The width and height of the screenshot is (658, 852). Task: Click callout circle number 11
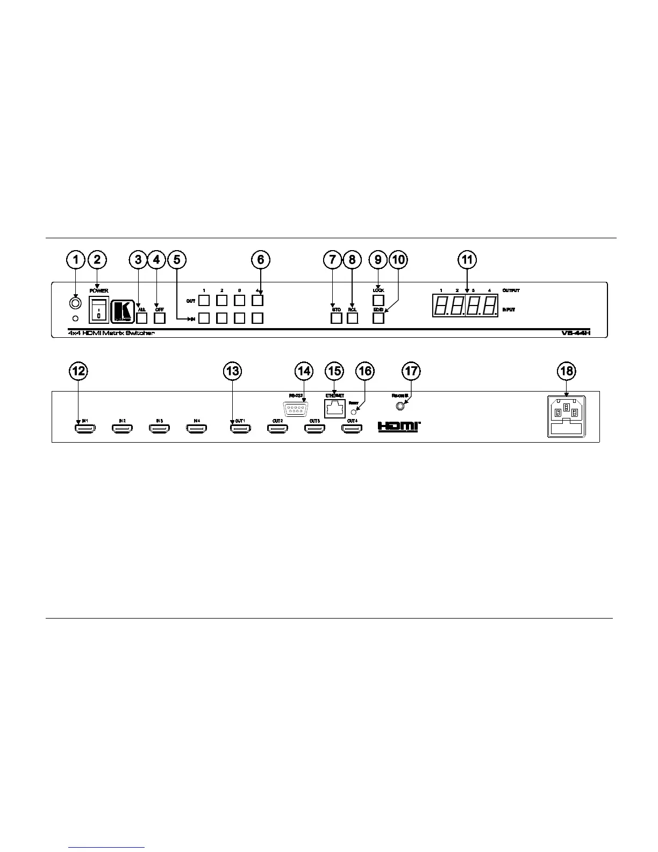point(467,260)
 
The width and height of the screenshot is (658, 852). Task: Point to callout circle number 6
point(261,260)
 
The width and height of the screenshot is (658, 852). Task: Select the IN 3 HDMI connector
point(159,428)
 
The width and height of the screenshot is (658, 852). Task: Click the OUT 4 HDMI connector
point(352,428)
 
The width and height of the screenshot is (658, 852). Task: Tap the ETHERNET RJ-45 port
point(335,408)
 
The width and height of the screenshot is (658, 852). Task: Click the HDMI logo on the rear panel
point(399,426)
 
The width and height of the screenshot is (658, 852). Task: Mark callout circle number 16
point(365,371)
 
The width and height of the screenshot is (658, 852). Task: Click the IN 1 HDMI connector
point(84,428)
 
